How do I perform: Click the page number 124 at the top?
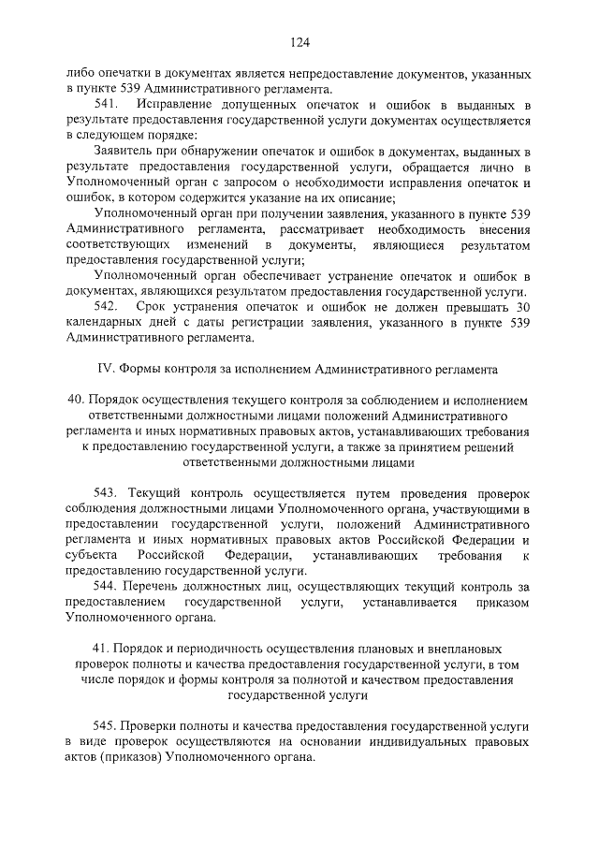(x=299, y=42)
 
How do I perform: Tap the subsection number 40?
(x=77, y=401)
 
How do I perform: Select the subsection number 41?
(x=104, y=649)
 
